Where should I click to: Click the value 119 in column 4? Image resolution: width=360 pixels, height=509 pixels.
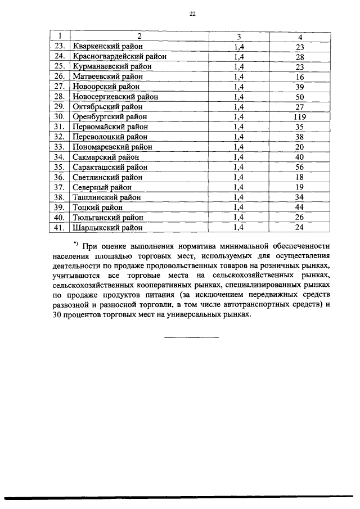tap(299, 116)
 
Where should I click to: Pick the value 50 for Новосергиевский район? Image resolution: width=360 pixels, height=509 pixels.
tap(299, 96)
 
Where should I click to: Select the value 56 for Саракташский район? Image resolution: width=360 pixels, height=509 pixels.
tap(299, 167)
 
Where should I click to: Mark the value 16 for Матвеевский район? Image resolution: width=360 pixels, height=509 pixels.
tap(299, 76)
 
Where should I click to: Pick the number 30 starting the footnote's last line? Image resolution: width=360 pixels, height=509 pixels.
tap(60, 315)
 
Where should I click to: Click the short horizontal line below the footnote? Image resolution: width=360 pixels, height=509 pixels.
tap(191, 337)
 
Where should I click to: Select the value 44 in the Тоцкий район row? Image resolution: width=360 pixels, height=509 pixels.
tap(299, 208)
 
